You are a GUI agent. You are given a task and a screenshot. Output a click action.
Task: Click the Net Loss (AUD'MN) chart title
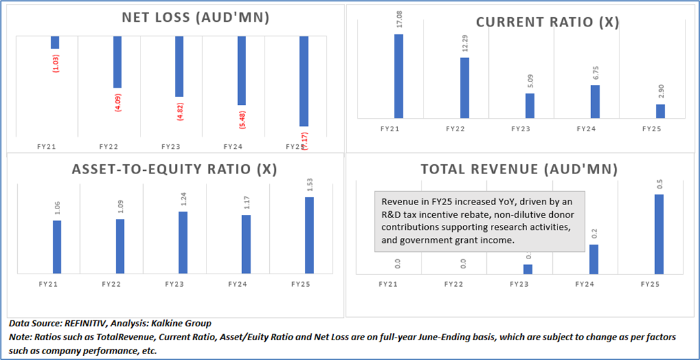click(195, 18)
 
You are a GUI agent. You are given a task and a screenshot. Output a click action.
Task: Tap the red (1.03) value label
click(55, 61)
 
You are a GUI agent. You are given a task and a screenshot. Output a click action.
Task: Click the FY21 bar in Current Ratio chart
click(398, 76)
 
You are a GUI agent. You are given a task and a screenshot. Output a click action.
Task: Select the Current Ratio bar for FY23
click(530, 105)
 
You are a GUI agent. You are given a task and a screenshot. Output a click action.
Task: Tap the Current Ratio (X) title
click(548, 22)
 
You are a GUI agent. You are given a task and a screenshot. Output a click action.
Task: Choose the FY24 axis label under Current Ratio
click(586, 129)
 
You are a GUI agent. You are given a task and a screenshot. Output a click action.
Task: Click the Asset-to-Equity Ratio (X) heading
click(174, 169)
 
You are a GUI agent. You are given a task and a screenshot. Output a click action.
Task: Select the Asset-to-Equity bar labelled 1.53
click(309, 235)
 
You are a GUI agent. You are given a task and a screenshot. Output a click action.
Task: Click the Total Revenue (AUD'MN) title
click(519, 169)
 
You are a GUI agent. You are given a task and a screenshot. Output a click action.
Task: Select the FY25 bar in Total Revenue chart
click(658, 233)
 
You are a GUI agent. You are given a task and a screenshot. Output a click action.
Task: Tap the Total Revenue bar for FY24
click(593, 258)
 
